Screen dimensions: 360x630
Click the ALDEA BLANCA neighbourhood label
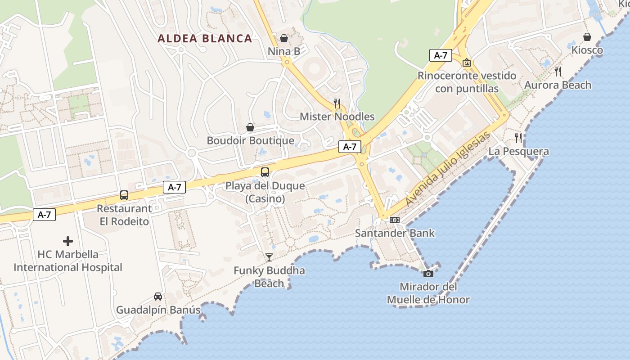[x=205, y=39]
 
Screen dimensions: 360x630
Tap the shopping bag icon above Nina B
[x=284, y=38]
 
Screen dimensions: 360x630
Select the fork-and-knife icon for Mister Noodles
[x=337, y=103]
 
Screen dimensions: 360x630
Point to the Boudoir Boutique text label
[x=250, y=140]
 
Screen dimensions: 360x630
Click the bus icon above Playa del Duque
[x=265, y=172]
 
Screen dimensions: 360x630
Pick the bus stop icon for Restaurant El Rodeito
[x=124, y=195]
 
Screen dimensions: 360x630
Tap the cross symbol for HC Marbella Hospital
[x=68, y=241]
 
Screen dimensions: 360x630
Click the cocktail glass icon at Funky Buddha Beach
[x=269, y=257]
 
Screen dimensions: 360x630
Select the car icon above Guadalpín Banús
[x=158, y=296]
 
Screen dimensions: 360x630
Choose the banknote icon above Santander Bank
[x=395, y=220]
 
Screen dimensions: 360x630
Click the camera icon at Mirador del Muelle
[x=428, y=273]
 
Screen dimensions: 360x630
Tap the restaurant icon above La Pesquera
[x=518, y=138]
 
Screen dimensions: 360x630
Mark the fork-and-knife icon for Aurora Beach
[x=558, y=71]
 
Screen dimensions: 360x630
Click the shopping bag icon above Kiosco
[x=587, y=36]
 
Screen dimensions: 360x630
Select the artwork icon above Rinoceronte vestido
[x=467, y=63]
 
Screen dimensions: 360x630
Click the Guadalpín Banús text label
[x=158, y=310]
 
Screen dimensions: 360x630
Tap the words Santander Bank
[x=395, y=233]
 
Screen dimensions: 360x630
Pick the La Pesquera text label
[x=518, y=151]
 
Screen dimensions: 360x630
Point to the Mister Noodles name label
[x=337, y=117]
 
